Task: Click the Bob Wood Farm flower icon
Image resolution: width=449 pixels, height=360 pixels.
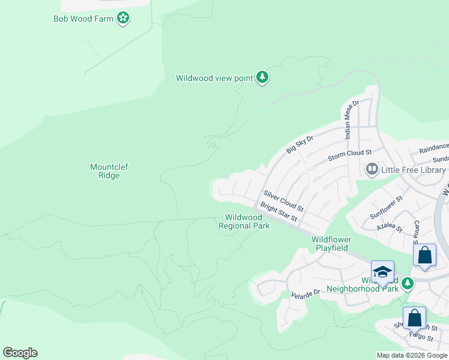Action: click(123, 19)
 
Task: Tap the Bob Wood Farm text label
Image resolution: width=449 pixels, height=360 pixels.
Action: click(84, 19)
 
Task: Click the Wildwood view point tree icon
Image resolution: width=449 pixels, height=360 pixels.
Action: click(262, 77)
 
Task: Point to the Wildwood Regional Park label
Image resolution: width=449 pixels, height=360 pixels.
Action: click(244, 222)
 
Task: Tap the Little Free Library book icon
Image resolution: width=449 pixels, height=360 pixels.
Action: click(372, 170)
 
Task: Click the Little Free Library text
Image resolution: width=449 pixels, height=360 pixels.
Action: click(413, 170)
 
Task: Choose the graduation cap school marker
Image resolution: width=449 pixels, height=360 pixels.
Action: click(382, 272)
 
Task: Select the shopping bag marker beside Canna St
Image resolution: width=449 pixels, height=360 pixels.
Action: click(425, 255)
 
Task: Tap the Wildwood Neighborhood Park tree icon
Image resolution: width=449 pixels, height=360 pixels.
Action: click(408, 283)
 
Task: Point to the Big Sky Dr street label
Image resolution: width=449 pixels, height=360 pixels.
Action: click(300, 145)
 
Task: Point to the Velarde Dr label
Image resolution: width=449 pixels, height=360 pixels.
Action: click(307, 295)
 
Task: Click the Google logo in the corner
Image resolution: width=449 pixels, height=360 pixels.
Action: click(20, 353)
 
